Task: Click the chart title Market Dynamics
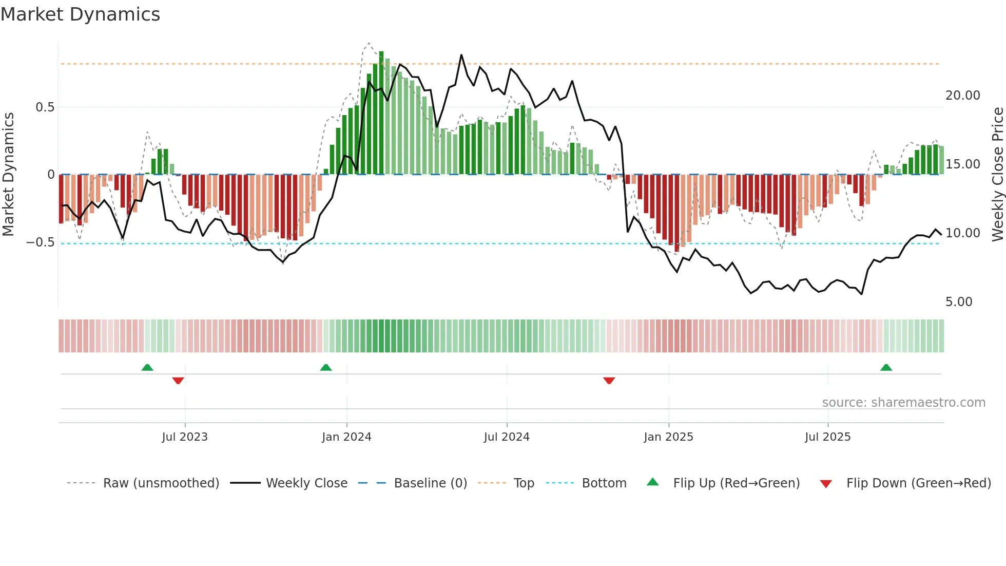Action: pyautogui.click(x=80, y=14)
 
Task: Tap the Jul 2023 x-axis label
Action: pyautogui.click(x=185, y=437)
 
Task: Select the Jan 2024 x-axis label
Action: pyautogui.click(x=346, y=437)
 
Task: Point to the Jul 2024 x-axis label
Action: pyautogui.click(x=507, y=437)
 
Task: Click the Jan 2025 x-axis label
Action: pyautogui.click(x=668, y=437)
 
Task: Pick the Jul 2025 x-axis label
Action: pyautogui.click(x=827, y=437)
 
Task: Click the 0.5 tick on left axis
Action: pyautogui.click(x=45, y=107)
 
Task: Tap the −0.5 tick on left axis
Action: pyautogui.click(x=41, y=242)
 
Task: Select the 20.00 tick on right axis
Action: pyautogui.click(x=962, y=96)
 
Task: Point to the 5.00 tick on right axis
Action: pyautogui.click(x=959, y=302)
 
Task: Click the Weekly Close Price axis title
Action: pyautogui.click(x=997, y=174)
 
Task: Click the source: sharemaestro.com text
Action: pyautogui.click(x=903, y=403)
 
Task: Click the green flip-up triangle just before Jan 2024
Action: pyautogui.click(x=326, y=368)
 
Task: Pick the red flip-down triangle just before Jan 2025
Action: pyautogui.click(x=609, y=381)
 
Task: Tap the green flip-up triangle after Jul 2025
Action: pyautogui.click(x=886, y=368)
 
